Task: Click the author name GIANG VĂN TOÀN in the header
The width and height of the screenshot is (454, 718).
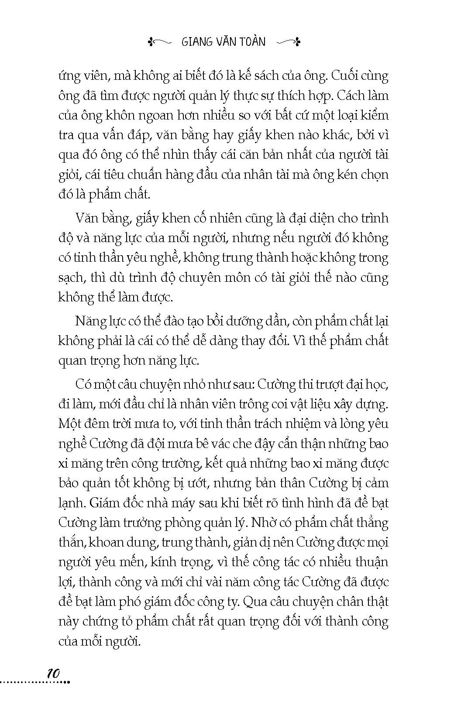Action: point(223,42)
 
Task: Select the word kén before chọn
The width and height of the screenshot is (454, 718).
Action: point(347,174)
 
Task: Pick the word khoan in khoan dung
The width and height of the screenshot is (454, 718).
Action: point(106,542)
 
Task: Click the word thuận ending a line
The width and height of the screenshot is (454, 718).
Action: point(371,562)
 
